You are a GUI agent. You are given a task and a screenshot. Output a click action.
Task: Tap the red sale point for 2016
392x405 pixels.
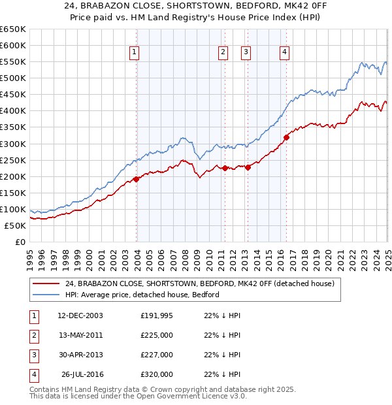tap(286, 137)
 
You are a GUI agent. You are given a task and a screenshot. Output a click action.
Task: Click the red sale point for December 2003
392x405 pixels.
tap(137, 179)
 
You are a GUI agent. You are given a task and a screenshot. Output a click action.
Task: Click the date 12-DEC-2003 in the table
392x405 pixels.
tap(80, 316)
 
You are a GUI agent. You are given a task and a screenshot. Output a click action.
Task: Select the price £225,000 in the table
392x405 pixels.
tap(157, 335)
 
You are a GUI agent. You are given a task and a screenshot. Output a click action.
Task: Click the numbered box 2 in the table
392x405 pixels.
tap(33, 336)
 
